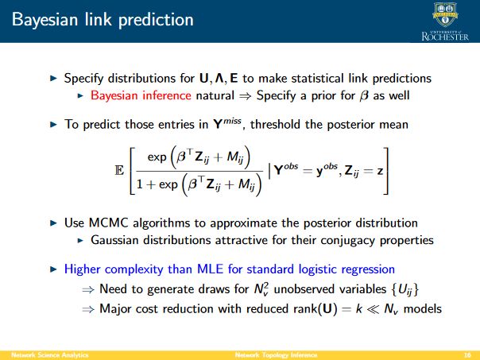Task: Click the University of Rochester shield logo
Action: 445,15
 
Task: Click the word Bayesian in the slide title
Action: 45,20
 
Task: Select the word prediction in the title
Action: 156,20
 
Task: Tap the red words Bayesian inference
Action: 141,95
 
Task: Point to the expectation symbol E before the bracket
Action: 119,170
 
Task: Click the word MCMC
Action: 108,223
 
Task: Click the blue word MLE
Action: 211,269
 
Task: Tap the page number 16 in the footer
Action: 467,355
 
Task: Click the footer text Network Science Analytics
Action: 50,355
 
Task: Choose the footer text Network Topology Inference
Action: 276,355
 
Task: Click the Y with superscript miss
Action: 227,123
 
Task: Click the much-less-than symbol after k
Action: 373,309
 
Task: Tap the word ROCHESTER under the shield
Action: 445,37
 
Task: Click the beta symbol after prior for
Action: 364,96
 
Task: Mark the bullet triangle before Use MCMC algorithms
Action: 53,223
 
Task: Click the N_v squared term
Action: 261,288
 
